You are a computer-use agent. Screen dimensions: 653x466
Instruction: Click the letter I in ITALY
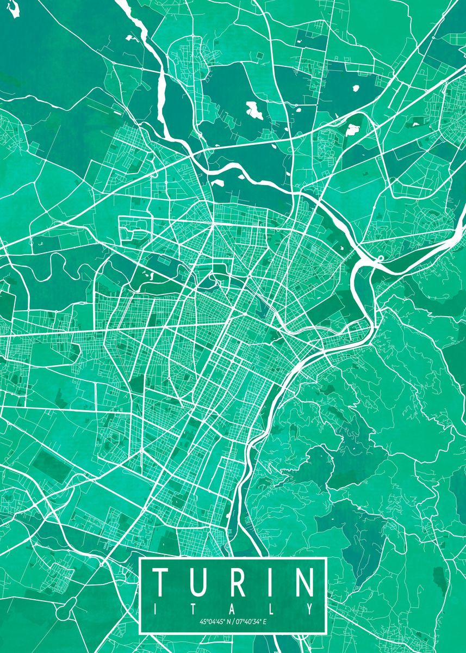[x=157, y=608]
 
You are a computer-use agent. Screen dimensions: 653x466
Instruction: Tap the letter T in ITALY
[x=195, y=608]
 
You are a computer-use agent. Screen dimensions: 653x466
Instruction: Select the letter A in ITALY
[x=233, y=608]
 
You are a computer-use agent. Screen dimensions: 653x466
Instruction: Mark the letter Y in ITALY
[x=310, y=608]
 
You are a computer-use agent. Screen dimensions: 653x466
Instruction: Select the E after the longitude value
[x=265, y=621]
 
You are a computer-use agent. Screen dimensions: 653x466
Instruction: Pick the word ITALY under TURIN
[x=233, y=608]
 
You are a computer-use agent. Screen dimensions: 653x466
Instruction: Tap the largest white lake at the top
[x=254, y=110]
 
